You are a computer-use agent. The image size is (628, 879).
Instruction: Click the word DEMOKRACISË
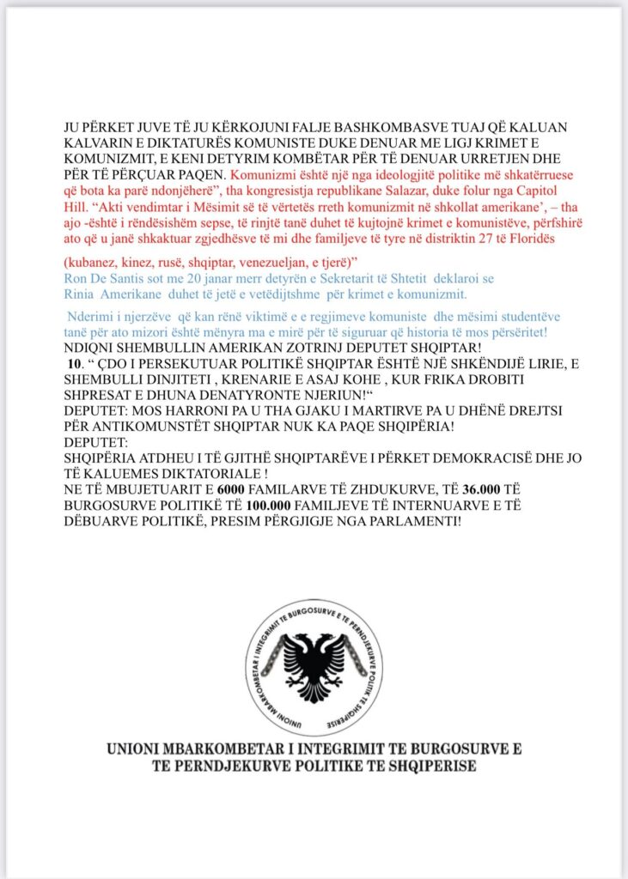428,458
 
